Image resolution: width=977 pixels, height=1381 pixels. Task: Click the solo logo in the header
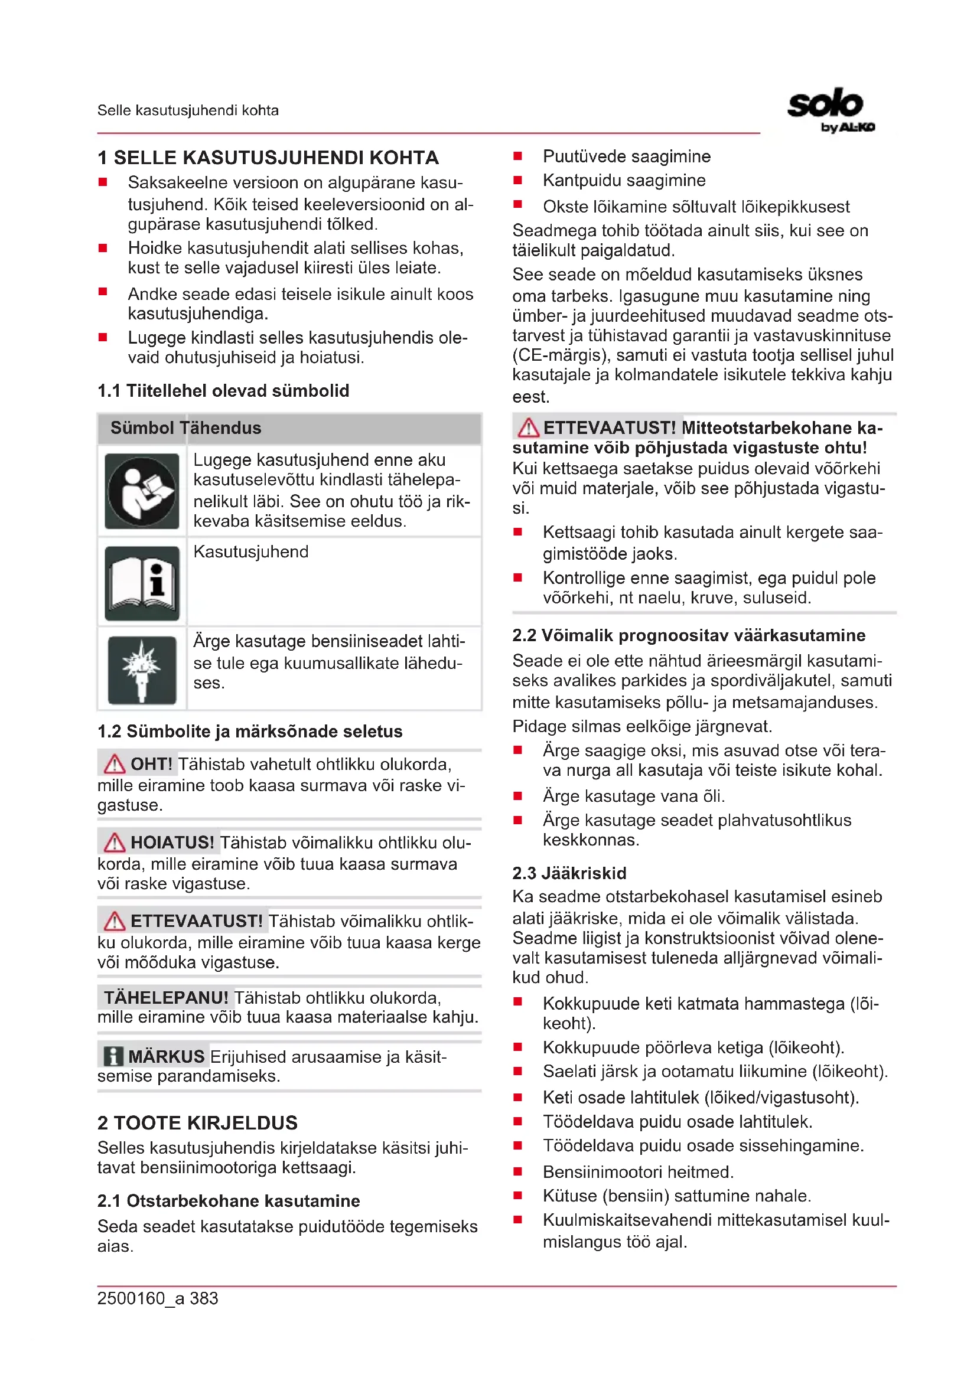[x=830, y=108]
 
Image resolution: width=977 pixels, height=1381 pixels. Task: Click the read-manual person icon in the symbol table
[x=142, y=491]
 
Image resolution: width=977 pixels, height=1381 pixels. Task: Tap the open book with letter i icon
[x=142, y=583]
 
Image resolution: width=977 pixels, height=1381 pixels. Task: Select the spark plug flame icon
[x=142, y=670]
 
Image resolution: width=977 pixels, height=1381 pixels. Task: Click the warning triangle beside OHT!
[x=113, y=765]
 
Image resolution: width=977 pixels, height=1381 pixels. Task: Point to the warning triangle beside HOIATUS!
[x=113, y=843]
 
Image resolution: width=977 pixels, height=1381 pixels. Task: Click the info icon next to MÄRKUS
[x=113, y=1056]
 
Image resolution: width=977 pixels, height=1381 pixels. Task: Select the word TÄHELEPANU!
[x=166, y=998]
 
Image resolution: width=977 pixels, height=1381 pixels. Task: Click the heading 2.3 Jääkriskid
[x=569, y=873]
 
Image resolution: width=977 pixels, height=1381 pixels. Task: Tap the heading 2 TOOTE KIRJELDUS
[x=197, y=1122]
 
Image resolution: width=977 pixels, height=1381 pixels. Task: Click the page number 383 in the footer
[x=204, y=1298]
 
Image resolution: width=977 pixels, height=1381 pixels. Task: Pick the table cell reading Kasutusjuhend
[x=251, y=551]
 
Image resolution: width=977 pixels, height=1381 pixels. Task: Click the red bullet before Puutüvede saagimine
[x=517, y=156]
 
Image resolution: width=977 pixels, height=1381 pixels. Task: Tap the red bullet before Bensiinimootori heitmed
[x=517, y=1171]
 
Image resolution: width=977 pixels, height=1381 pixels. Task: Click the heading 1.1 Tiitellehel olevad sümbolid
[x=223, y=391]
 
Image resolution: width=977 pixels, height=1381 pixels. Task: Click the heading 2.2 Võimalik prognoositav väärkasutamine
[x=688, y=635]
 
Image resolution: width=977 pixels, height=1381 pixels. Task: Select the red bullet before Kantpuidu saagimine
[x=517, y=181]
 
